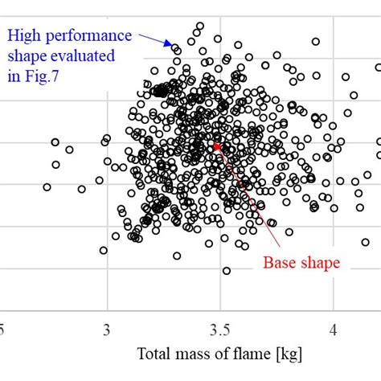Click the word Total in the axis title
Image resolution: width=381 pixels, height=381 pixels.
(154, 354)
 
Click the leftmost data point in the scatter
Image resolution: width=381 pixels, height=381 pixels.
(47, 186)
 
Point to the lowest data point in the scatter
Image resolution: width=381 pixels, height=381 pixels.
(227, 271)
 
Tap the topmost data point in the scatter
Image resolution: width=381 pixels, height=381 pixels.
(200, 26)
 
